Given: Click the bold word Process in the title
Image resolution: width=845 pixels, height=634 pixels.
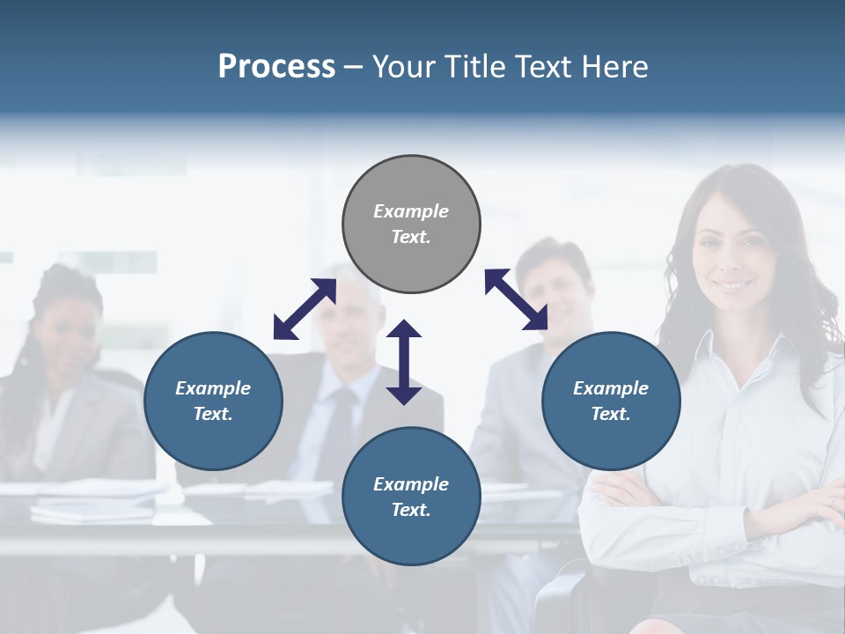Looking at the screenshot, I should tap(276, 67).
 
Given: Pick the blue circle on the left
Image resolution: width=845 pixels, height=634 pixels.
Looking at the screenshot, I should tap(213, 401).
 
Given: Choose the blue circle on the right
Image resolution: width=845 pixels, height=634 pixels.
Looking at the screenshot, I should tap(611, 401).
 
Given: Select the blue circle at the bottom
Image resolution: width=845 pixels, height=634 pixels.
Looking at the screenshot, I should tap(411, 497).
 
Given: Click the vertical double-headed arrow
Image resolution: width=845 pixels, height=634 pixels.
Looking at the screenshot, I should tap(404, 362).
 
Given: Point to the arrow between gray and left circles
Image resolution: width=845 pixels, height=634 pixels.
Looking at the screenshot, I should tap(305, 309).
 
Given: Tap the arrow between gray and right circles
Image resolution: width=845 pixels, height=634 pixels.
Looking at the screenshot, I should tap(516, 299).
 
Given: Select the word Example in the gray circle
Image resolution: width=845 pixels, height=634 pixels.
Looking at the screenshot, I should tap(411, 211).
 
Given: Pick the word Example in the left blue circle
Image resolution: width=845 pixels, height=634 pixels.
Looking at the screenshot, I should tap(213, 388).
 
